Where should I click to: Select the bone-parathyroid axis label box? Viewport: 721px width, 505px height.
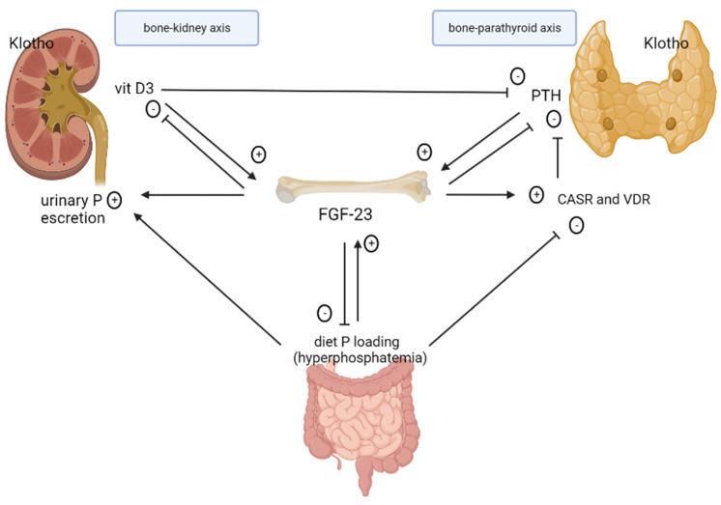503,28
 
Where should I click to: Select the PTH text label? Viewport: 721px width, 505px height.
548,98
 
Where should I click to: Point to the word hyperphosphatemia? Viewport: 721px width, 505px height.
359,357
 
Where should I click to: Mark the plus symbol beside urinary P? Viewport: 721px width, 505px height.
115,199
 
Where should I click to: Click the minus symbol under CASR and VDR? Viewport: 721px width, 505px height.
576,226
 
